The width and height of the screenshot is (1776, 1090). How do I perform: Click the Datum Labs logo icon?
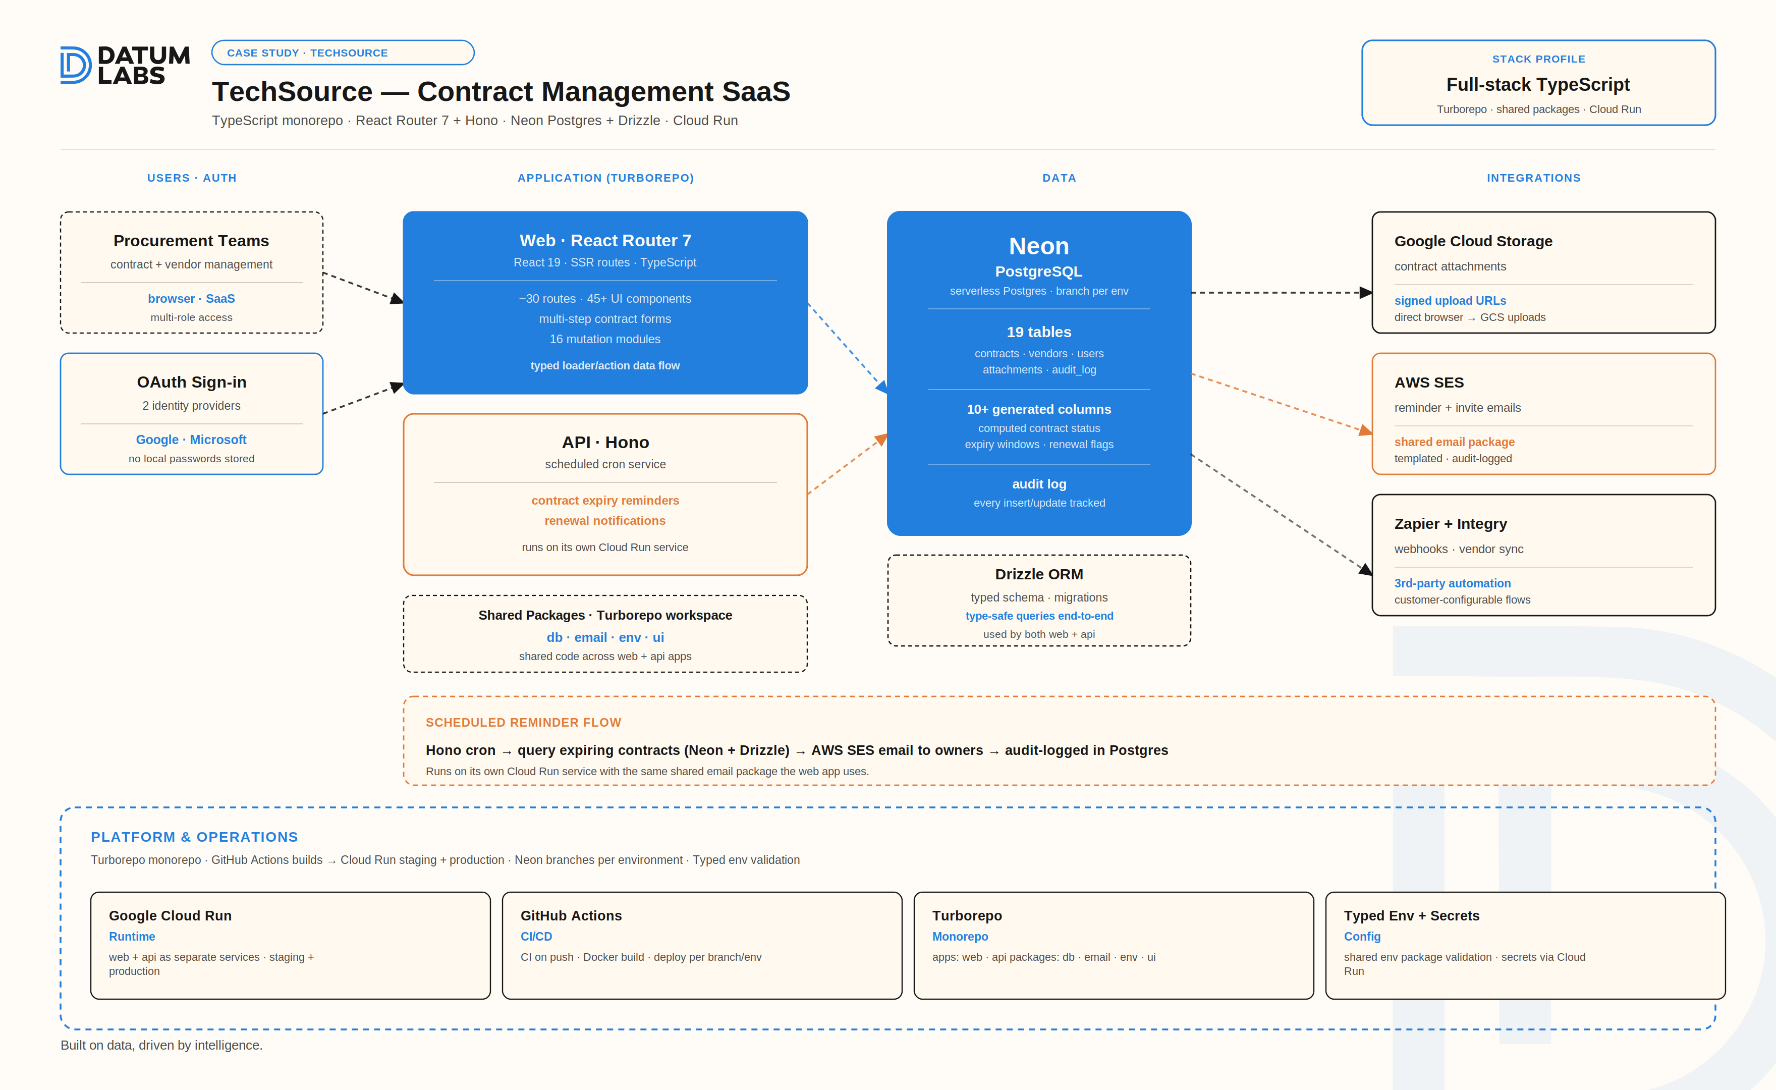point(76,65)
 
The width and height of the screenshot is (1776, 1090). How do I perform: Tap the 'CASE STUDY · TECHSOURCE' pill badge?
point(343,52)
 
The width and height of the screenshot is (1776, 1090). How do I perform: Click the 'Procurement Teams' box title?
point(191,241)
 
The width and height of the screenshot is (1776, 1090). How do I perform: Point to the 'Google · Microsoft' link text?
point(191,440)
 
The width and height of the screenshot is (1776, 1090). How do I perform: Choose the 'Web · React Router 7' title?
point(605,241)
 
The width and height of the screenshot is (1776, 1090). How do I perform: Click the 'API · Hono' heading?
point(605,443)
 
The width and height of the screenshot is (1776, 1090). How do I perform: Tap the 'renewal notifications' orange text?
point(605,520)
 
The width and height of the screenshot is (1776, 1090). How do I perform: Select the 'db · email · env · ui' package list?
point(605,637)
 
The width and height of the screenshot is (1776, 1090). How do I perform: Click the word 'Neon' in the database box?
point(1039,247)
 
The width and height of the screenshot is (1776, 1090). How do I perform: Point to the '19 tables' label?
point(1039,333)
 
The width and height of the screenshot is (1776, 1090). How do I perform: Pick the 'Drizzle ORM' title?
point(1039,575)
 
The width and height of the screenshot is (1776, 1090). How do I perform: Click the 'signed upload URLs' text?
point(1450,301)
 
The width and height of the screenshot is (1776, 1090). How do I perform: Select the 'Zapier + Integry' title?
point(1450,524)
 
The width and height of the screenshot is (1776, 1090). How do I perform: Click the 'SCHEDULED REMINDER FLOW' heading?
point(523,722)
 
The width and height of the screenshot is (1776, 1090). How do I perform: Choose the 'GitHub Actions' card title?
point(571,915)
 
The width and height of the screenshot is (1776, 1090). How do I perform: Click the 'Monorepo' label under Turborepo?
point(960,937)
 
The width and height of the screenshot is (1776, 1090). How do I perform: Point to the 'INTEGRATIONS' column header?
point(1533,178)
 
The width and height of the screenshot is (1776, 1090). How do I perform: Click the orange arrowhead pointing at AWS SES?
point(1365,431)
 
